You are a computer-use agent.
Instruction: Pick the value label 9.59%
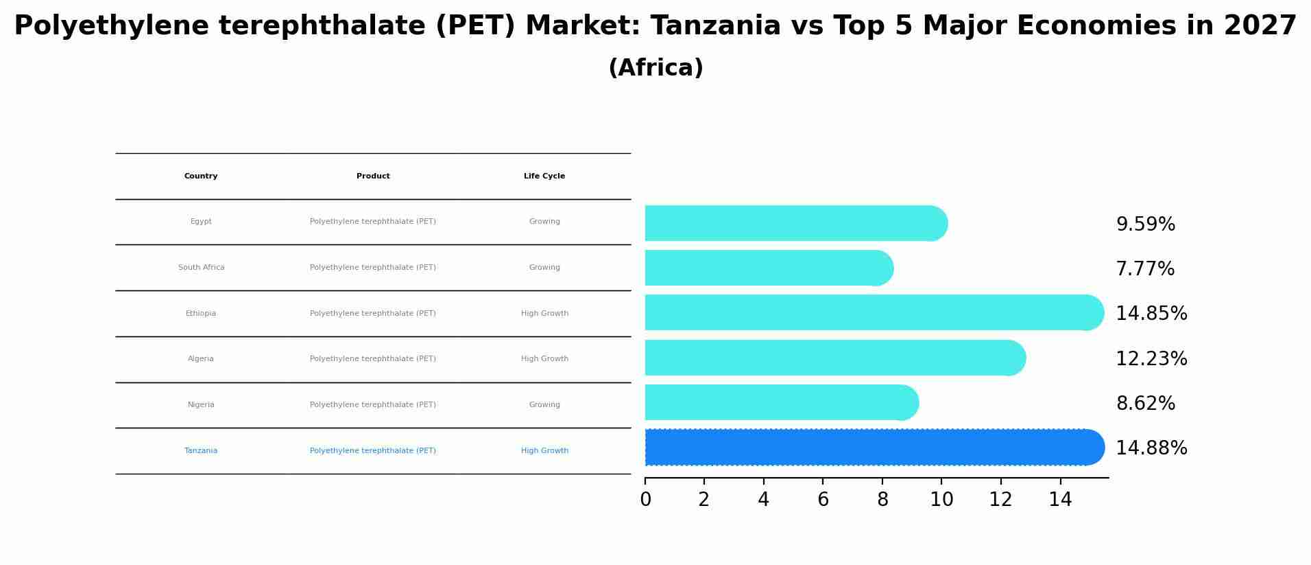tap(1145, 224)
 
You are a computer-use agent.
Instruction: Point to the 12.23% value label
tap(1151, 359)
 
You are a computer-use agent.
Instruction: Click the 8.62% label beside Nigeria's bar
tap(1145, 404)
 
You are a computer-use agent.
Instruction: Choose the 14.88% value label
tap(1151, 448)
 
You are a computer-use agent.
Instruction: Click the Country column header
tap(201, 176)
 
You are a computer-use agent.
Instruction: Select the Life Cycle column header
tap(544, 176)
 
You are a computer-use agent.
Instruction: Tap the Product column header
tap(373, 176)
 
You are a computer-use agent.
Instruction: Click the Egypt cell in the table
tap(201, 222)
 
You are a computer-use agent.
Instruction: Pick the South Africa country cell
tap(201, 268)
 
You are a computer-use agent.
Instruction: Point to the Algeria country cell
tap(201, 359)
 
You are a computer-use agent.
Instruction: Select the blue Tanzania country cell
tap(201, 451)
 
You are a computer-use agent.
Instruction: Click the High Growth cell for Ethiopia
tap(544, 314)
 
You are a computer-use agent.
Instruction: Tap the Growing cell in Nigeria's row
tap(544, 405)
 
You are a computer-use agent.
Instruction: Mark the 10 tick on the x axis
tap(941, 500)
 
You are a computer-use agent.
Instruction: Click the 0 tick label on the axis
tap(645, 500)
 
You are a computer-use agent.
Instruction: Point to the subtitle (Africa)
tap(655, 68)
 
